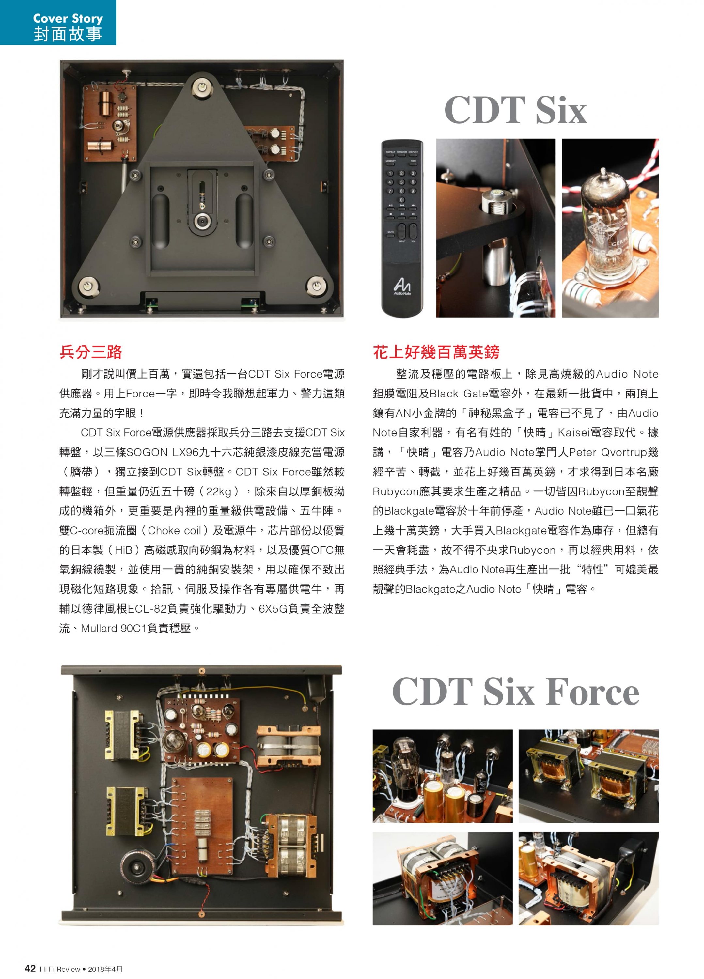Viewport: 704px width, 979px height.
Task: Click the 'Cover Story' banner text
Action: point(68,19)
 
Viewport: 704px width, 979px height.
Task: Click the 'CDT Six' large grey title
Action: point(515,110)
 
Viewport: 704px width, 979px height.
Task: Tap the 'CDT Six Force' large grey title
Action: point(515,692)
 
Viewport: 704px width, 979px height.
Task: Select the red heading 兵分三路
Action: point(91,352)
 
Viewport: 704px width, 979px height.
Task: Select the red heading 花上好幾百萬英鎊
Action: point(436,352)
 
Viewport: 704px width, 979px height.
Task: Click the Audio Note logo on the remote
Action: point(402,286)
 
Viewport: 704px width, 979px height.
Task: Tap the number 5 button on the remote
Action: point(401,182)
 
